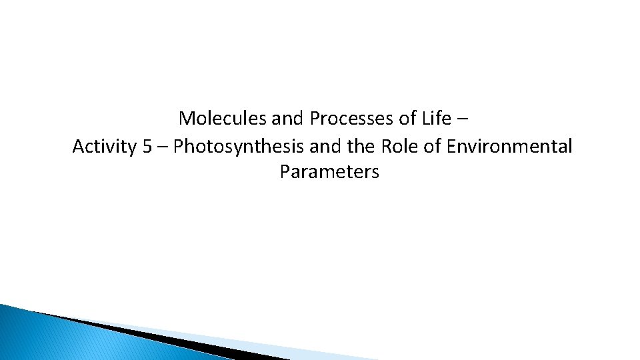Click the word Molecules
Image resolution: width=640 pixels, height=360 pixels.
[223, 119]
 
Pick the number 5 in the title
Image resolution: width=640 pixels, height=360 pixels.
[147, 146]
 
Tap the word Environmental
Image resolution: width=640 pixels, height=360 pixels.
[508, 146]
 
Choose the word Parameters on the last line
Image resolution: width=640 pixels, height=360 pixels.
[329, 172]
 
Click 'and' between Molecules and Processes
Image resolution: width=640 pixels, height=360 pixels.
[288, 119]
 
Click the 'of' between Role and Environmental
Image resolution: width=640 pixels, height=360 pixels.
[432, 146]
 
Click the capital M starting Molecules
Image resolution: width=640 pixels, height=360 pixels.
[186, 119]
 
